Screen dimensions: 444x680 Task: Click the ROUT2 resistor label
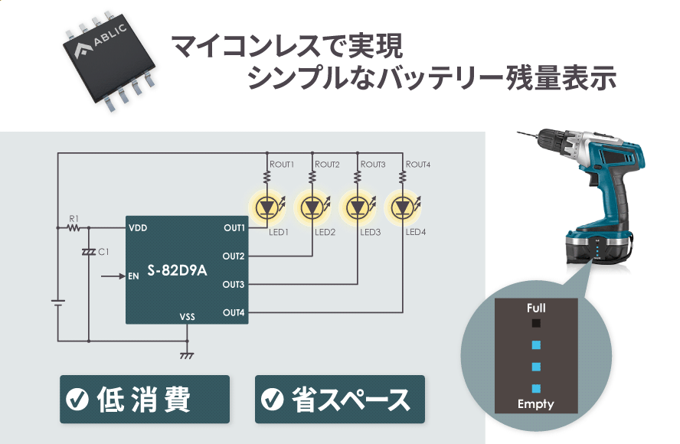(x=327, y=165)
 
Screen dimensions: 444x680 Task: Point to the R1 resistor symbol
(x=74, y=227)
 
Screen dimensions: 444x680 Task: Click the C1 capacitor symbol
(x=89, y=252)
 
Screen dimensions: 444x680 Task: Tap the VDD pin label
(x=139, y=227)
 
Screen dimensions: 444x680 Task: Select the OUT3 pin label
(x=234, y=285)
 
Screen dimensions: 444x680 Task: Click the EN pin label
(x=134, y=276)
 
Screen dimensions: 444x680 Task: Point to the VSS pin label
(x=188, y=316)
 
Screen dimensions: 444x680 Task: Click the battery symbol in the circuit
(x=57, y=304)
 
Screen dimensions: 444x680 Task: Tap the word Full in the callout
(x=536, y=308)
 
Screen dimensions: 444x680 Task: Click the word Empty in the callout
(x=535, y=404)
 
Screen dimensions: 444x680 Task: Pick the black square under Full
(x=536, y=324)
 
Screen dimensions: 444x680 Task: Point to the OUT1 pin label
(x=234, y=227)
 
